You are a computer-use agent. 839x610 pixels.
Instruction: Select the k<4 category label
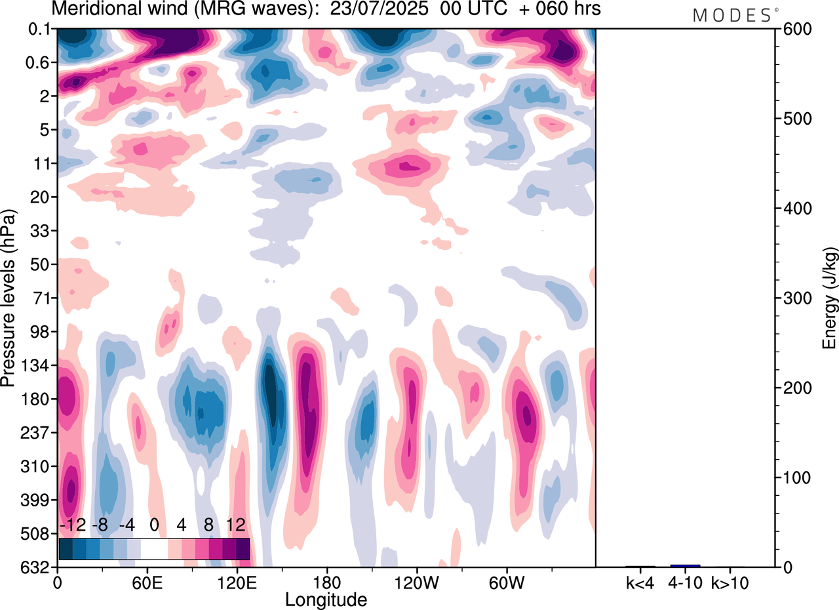click(640, 582)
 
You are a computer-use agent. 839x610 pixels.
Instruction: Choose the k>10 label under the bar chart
click(730, 582)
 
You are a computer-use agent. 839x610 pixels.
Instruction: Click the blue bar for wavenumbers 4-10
click(685, 565)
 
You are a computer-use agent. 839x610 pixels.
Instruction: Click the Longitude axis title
click(326, 600)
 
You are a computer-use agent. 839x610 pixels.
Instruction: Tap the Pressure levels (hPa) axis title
click(9, 298)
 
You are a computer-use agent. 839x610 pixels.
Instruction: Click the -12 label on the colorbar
click(73, 525)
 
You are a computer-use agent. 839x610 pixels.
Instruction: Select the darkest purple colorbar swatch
click(243, 549)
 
